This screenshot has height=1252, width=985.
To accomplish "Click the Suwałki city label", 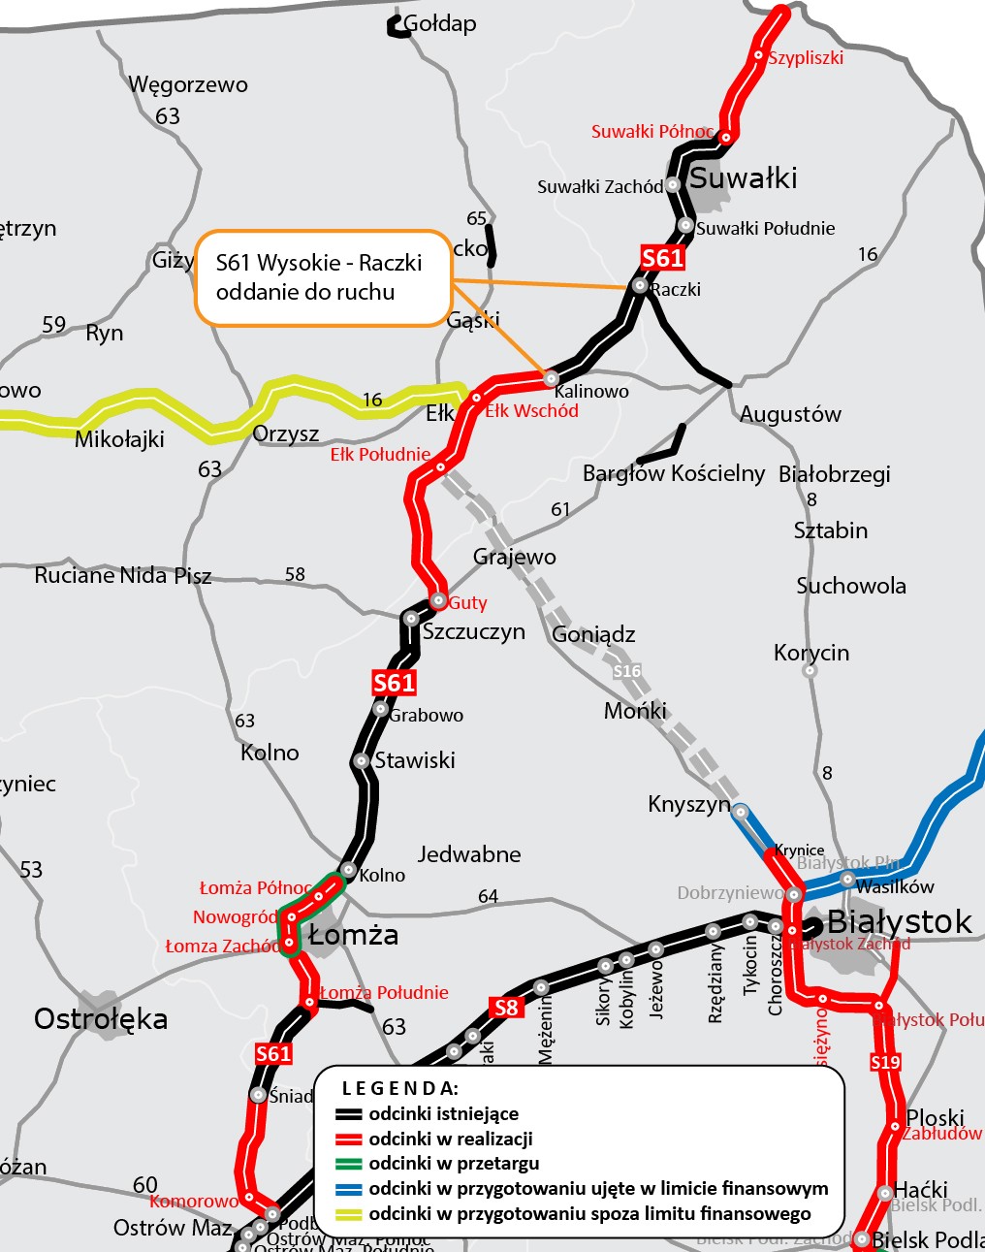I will (743, 178).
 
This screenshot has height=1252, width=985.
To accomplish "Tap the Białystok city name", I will (899, 921).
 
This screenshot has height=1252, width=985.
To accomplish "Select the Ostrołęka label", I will (101, 1019).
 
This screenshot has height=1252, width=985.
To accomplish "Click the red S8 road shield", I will (506, 1008).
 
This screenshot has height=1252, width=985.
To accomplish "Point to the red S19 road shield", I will (885, 1062).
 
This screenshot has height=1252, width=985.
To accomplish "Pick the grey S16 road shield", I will (627, 671).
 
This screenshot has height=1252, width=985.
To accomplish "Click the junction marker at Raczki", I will (640, 285).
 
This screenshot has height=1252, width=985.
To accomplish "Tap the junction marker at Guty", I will (438, 600).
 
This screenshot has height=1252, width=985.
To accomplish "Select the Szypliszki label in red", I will (806, 58).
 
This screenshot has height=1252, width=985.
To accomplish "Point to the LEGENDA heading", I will (399, 1088).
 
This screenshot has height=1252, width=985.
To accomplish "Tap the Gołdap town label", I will (439, 23).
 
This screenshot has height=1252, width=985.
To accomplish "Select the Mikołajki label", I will (119, 439).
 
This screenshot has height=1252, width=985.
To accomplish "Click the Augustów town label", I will (790, 414).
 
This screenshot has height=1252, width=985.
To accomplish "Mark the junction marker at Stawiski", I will (362, 761).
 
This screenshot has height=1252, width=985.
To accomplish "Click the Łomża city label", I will (353, 935).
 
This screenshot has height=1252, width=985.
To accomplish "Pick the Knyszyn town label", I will (688, 805).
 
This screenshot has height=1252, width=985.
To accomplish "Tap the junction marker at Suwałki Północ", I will (725, 138).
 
